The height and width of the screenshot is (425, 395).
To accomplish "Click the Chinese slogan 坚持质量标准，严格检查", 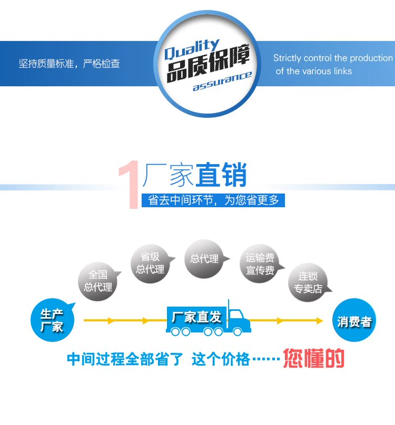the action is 70,64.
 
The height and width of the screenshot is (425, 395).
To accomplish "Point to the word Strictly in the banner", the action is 287,58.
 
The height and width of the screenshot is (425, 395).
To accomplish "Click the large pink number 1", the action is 129,184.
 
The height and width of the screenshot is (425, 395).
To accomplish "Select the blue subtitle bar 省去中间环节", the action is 213,200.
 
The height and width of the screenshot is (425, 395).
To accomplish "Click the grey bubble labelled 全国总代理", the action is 98,281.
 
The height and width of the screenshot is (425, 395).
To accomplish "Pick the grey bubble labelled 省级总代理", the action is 150,263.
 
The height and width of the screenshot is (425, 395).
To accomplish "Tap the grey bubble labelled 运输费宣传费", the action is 260,264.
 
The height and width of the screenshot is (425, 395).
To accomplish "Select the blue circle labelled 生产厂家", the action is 51,320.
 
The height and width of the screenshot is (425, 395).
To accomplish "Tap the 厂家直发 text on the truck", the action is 196,318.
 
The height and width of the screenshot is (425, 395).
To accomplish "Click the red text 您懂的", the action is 314,359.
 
